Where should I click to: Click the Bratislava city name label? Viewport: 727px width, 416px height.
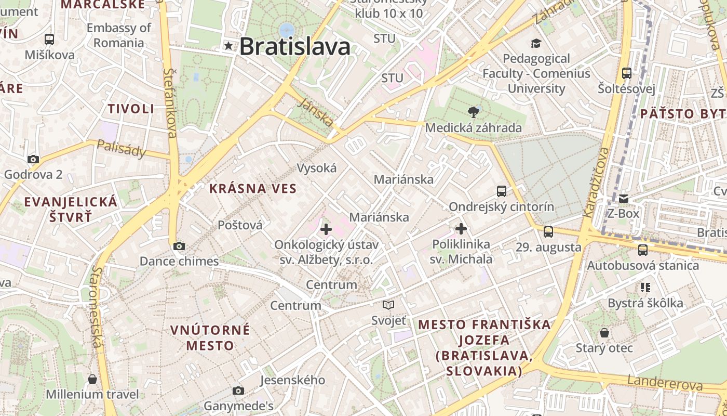pyautogui.click(x=294, y=47)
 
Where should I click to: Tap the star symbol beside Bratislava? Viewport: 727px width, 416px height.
pyautogui.click(x=228, y=46)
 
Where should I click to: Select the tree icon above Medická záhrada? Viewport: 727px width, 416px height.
pyautogui.click(x=473, y=111)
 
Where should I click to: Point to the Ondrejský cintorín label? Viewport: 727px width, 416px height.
pyautogui.click(x=501, y=207)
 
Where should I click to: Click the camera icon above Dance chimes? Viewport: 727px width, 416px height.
pyautogui.click(x=179, y=246)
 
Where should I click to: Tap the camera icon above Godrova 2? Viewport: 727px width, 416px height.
pyautogui.click(x=33, y=159)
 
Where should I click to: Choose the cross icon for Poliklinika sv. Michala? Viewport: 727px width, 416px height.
pyautogui.click(x=461, y=229)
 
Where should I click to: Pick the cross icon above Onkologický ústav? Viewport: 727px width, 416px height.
pyautogui.click(x=326, y=229)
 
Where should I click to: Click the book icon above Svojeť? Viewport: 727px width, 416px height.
pyautogui.click(x=388, y=305)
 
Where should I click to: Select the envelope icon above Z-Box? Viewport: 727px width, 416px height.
pyautogui.click(x=623, y=198)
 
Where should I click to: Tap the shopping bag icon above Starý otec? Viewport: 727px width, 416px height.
pyautogui.click(x=604, y=333)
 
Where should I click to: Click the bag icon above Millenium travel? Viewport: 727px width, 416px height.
pyautogui.click(x=92, y=379)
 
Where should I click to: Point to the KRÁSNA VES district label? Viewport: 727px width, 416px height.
pyautogui.click(x=253, y=189)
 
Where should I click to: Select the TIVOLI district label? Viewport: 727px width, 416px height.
pyautogui.click(x=131, y=109)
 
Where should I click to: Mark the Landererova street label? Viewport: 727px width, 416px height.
pyautogui.click(x=665, y=383)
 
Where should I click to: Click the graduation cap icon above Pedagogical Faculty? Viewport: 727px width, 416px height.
pyautogui.click(x=536, y=44)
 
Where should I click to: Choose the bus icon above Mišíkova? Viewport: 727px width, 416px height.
pyautogui.click(x=49, y=39)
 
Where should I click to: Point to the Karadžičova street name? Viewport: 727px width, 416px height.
pyautogui.click(x=595, y=182)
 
